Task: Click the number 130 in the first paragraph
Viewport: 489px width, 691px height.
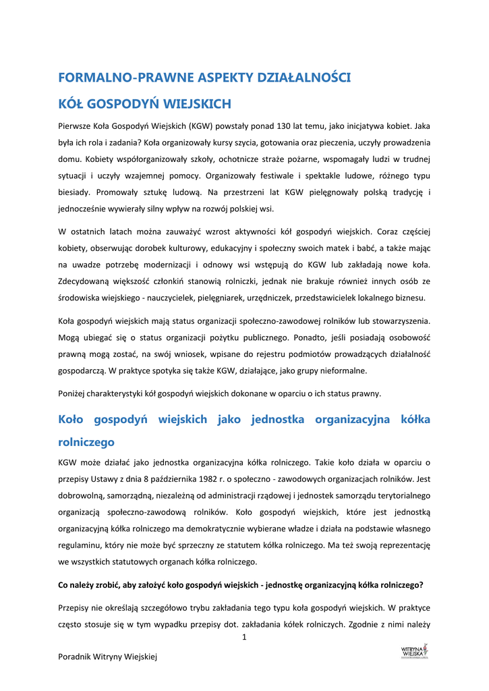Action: (x=286, y=126)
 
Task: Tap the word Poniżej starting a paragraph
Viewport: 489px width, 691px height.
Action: (x=73, y=393)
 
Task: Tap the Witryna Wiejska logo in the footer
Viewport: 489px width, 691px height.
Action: (x=415, y=652)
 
